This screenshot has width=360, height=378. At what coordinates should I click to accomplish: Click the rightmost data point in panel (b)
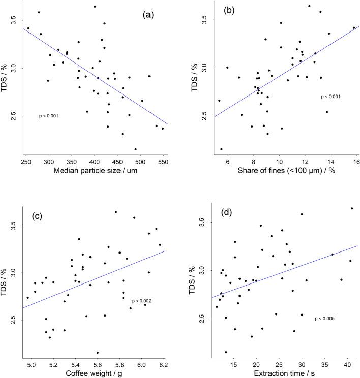click(354, 28)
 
